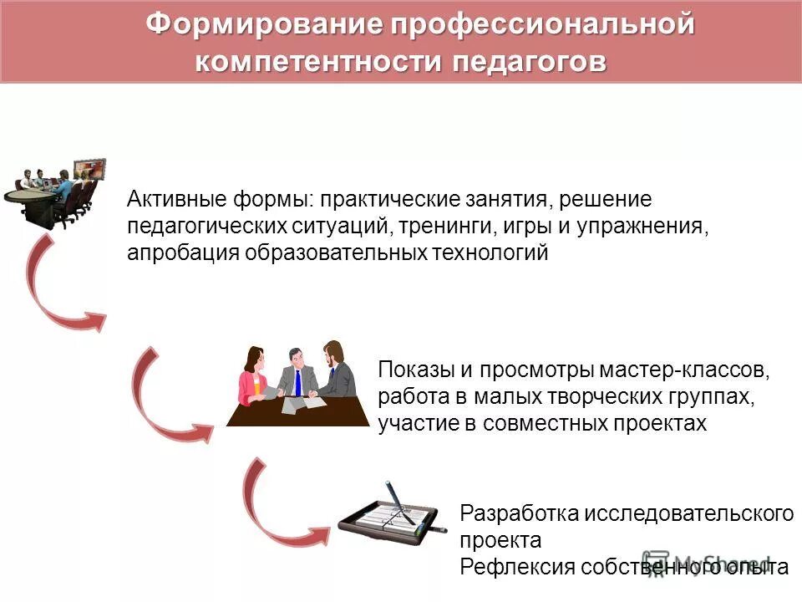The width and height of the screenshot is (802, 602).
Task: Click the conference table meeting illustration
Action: (60, 193)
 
